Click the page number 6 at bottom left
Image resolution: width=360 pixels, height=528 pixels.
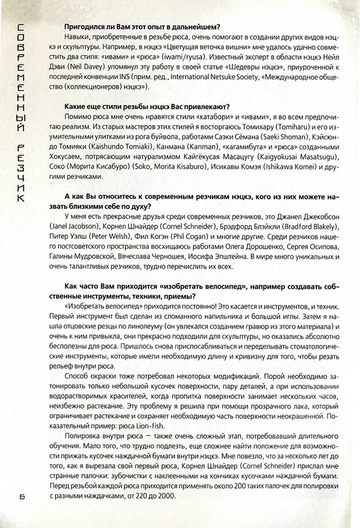pyautogui.click(x=22, y=495)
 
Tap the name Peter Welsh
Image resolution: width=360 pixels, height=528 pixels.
pyautogui.click(x=109, y=236)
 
